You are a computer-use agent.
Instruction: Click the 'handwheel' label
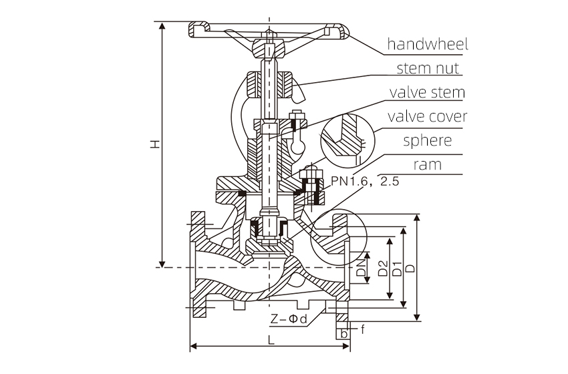(x=428, y=45)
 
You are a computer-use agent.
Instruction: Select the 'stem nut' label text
(x=428, y=68)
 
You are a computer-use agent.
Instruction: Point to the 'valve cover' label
(x=428, y=116)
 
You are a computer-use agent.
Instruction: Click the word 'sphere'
(x=428, y=140)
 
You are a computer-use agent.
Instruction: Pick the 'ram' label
(x=428, y=164)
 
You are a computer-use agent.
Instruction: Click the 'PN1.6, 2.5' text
(x=365, y=181)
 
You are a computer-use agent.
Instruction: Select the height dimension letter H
(x=154, y=144)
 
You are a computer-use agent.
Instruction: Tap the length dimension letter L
(x=271, y=339)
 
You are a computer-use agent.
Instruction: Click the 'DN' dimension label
(x=362, y=268)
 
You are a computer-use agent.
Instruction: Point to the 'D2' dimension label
(x=383, y=268)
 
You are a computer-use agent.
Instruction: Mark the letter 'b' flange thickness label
(x=343, y=333)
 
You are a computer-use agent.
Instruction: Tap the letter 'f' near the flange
(x=363, y=329)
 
